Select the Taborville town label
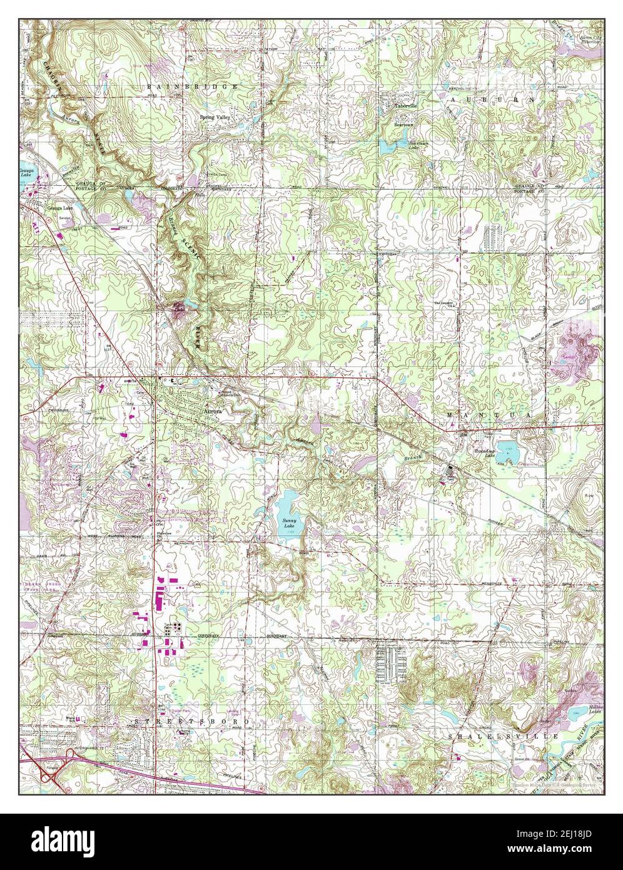[x=405, y=106]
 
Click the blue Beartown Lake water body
[x=386, y=147]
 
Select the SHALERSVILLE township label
[x=504, y=737]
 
